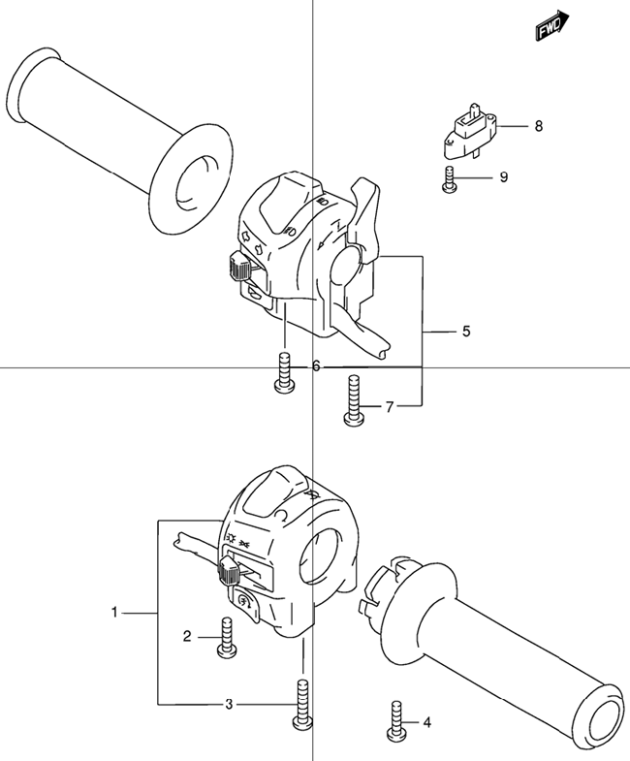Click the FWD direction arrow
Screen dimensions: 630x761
click(552, 25)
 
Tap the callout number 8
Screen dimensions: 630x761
click(539, 126)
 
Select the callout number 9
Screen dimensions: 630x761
click(504, 177)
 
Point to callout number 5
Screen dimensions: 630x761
click(466, 332)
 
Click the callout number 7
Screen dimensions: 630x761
click(390, 407)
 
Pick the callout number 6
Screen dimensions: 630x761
click(316, 365)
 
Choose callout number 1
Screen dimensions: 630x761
click(114, 613)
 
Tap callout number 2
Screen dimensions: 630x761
click(187, 636)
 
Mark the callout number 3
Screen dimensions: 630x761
click(229, 704)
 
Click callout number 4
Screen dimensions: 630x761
click(426, 723)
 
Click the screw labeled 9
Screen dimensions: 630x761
click(449, 179)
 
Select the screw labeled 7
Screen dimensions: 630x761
click(354, 401)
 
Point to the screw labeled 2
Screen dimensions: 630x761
click(227, 638)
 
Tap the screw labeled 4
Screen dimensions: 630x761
click(396, 720)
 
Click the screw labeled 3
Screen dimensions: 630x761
click(302, 704)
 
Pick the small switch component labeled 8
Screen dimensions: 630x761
click(471, 131)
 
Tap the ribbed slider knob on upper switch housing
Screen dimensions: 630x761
click(238, 267)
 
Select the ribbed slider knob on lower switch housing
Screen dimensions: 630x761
click(229, 571)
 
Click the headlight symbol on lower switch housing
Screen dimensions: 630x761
click(232, 538)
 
